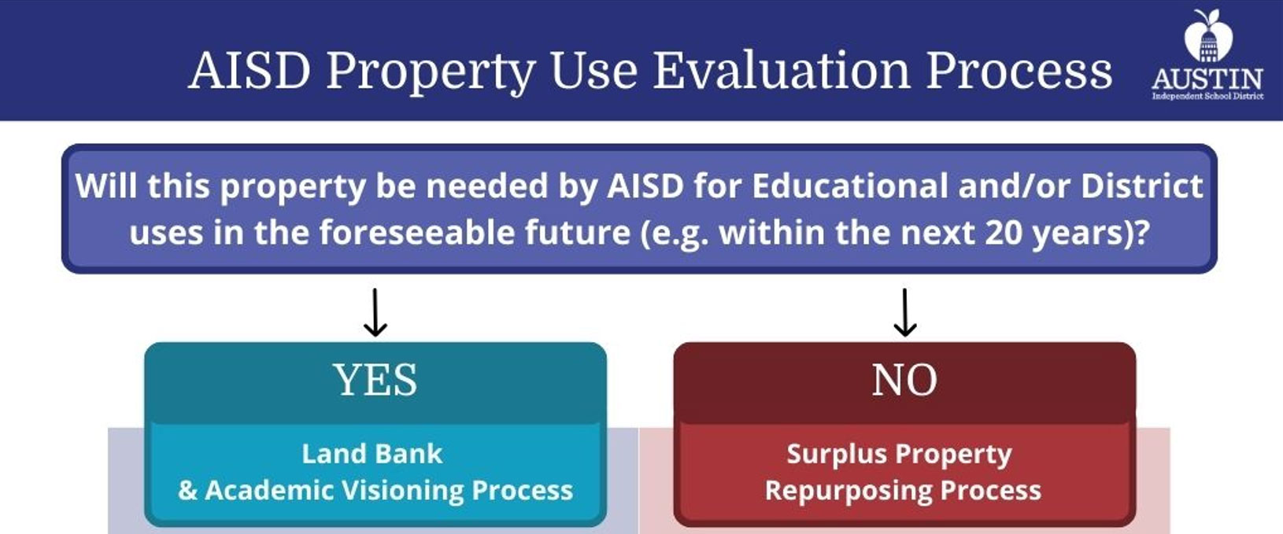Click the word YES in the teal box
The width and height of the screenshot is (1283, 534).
click(375, 381)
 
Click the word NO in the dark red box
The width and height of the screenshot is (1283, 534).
click(904, 381)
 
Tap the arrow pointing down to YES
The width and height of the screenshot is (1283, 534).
click(375, 312)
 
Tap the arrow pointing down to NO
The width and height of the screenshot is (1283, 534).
click(905, 312)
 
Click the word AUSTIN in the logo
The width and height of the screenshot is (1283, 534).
click(1207, 79)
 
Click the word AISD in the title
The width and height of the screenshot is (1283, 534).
click(250, 71)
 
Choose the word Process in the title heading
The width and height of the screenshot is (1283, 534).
click(1019, 71)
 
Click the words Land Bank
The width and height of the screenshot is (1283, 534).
click(372, 454)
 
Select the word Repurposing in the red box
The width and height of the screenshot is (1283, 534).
click(848, 491)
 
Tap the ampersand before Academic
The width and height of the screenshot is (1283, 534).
click(187, 491)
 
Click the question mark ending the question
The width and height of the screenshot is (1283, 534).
click(1142, 233)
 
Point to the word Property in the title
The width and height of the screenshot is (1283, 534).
click(431, 71)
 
